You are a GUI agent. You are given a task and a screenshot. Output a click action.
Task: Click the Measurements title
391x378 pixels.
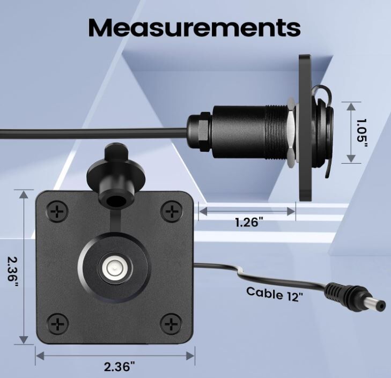(x=195, y=27)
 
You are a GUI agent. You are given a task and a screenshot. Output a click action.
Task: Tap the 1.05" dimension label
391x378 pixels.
(x=362, y=134)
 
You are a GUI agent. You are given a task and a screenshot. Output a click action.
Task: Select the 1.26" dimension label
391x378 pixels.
(x=249, y=222)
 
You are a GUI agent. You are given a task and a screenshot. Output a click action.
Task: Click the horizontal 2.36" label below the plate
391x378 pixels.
(x=120, y=367)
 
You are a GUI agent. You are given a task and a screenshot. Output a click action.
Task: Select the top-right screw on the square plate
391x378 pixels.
(x=171, y=211)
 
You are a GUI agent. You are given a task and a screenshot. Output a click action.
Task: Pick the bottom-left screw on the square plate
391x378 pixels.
(x=57, y=324)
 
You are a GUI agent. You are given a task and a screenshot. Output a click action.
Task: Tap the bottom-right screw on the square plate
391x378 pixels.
(x=171, y=324)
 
